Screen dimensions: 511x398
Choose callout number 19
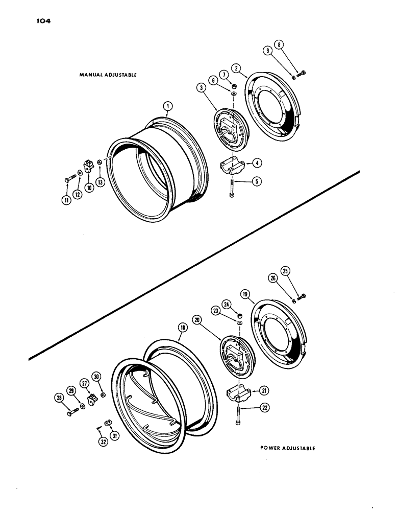pos(245,295)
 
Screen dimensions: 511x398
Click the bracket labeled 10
pos(89,166)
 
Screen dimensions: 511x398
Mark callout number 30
pos(96,377)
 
